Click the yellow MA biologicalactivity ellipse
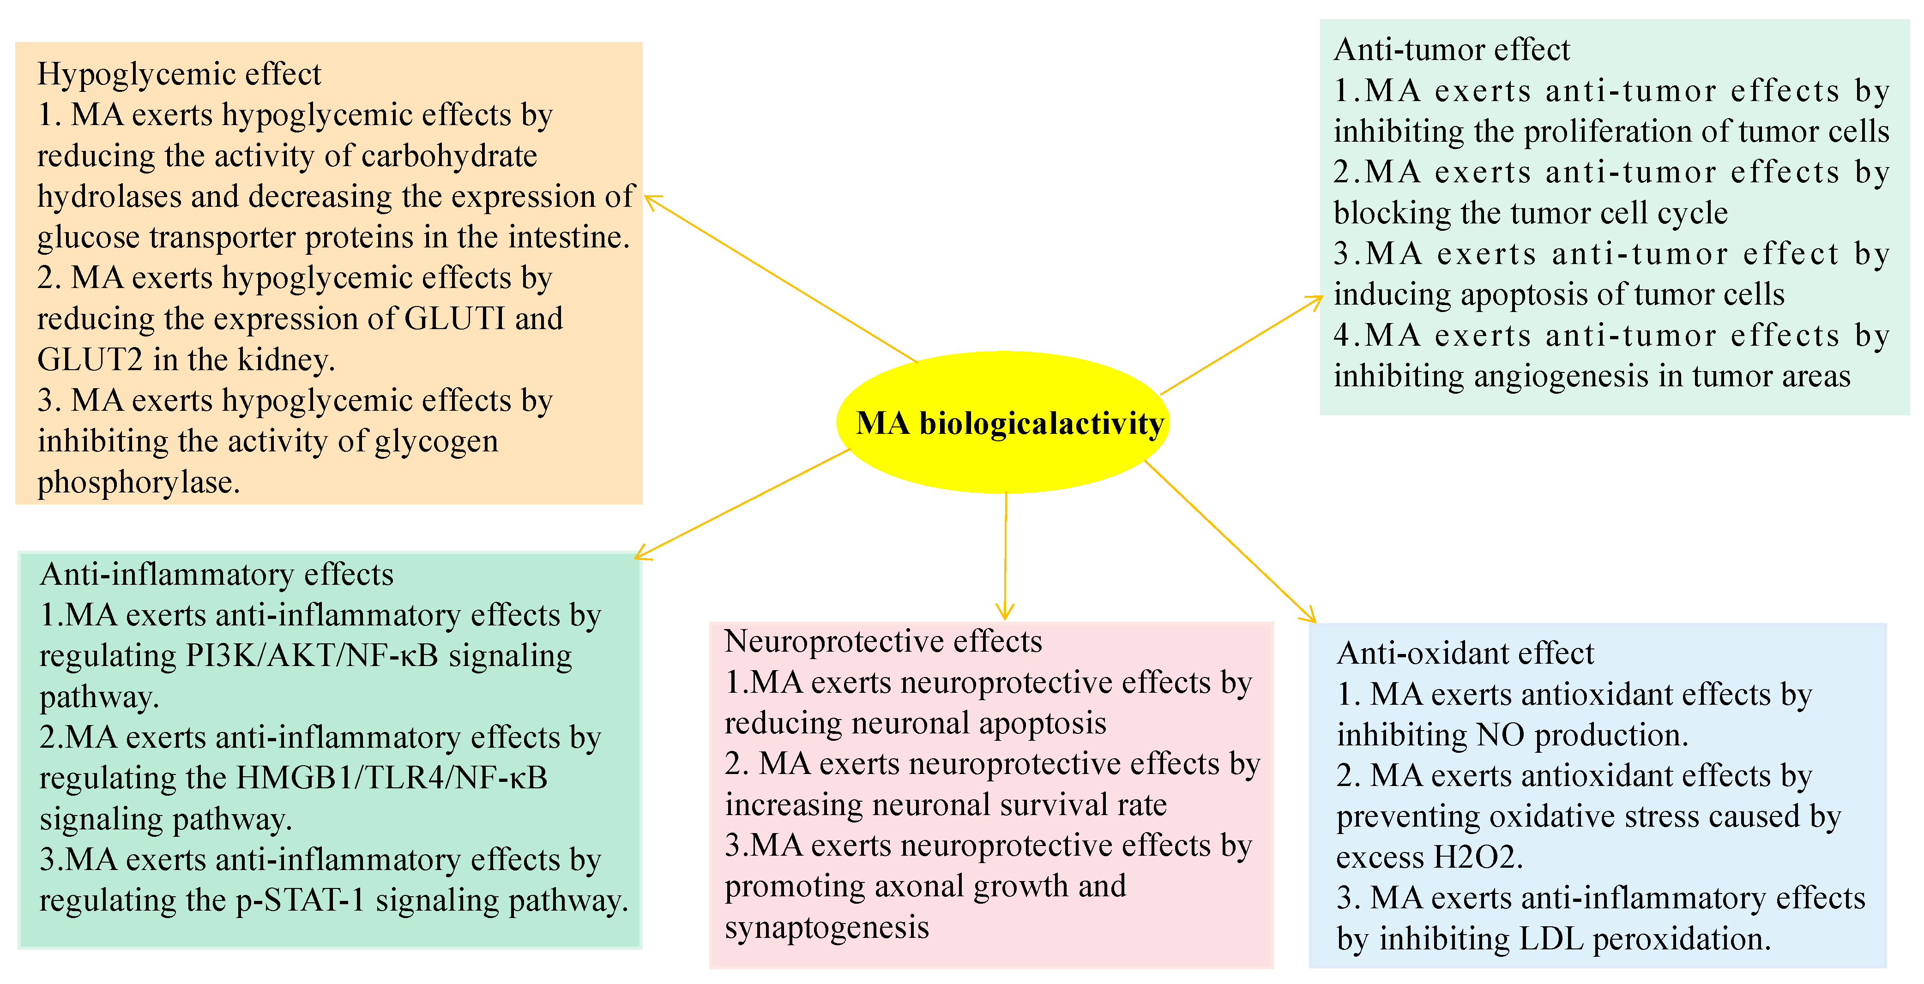1002,423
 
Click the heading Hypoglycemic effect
179,74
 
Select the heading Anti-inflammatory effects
217,574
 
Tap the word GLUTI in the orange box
454,319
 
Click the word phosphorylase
138,482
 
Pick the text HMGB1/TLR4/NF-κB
392,778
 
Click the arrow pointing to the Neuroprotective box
1005,556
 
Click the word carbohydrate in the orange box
449,156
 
